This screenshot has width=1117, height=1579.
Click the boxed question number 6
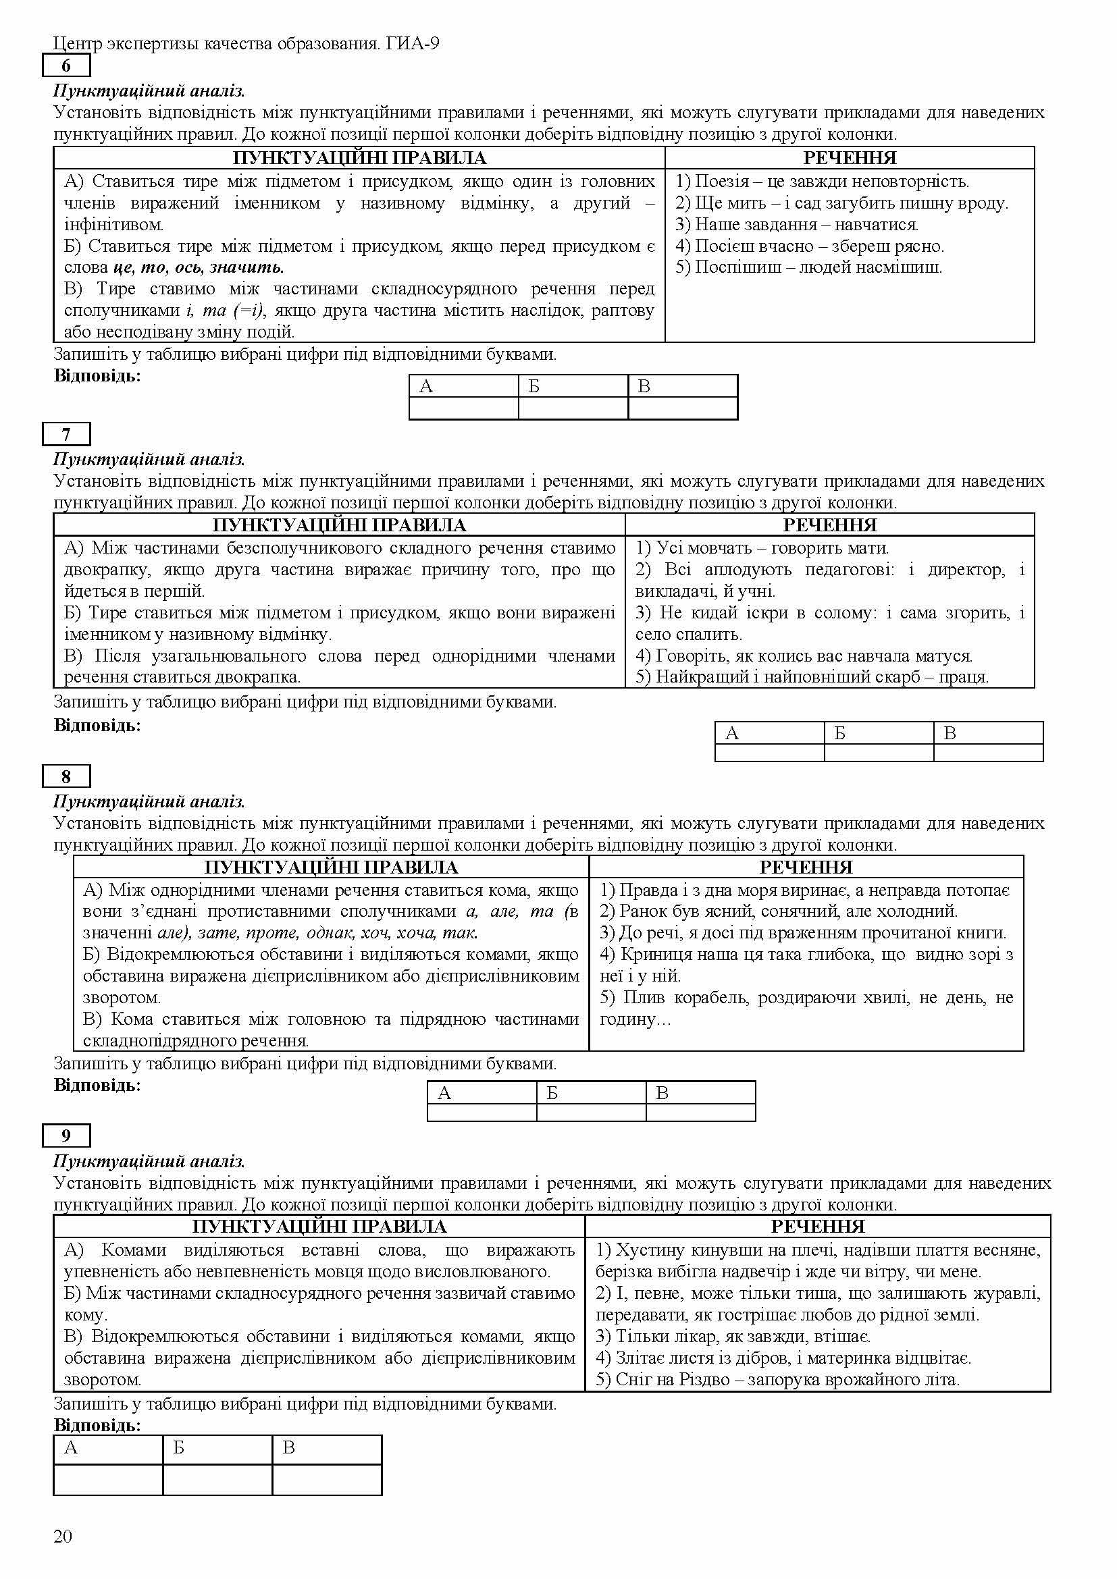pyautogui.click(x=66, y=66)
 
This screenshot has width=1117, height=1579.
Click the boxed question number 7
pyautogui.click(x=66, y=434)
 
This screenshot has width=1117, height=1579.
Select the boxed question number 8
pyautogui.click(x=66, y=776)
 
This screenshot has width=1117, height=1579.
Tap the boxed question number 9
pyautogui.click(x=66, y=1135)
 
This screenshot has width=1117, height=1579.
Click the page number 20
pyautogui.click(x=63, y=1536)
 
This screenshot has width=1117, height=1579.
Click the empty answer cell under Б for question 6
pyautogui.click(x=573, y=408)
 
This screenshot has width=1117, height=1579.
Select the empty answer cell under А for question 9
pyautogui.click(x=108, y=1480)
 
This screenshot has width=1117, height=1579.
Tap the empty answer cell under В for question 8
pyautogui.click(x=700, y=1112)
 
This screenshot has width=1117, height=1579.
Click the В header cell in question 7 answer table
pyautogui.click(x=988, y=733)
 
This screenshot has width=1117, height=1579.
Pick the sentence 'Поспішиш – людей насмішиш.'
pyautogui.click(x=808, y=267)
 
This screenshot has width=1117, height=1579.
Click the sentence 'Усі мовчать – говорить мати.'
pyautogui.click(x=762, y=548)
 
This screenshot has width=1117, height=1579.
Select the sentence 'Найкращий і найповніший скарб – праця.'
pyautogui.click(x=812, y=676)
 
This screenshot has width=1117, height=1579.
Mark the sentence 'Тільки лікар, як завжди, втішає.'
pyautogui.click(x=733, y=1336)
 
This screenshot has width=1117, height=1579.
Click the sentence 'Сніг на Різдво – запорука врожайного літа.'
pyautogui.click(x=777, y=1380)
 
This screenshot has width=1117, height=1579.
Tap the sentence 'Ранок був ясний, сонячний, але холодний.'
pyautogui.click(x=779, y=911)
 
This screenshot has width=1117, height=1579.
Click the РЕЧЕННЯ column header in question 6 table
pyautogui.click(x=850, y=158)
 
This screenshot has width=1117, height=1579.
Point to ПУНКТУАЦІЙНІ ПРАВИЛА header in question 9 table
pyautogui.click(x=319, y=1227)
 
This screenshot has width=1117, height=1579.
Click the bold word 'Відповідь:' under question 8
pyautogui.click(x=97, y=1086)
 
